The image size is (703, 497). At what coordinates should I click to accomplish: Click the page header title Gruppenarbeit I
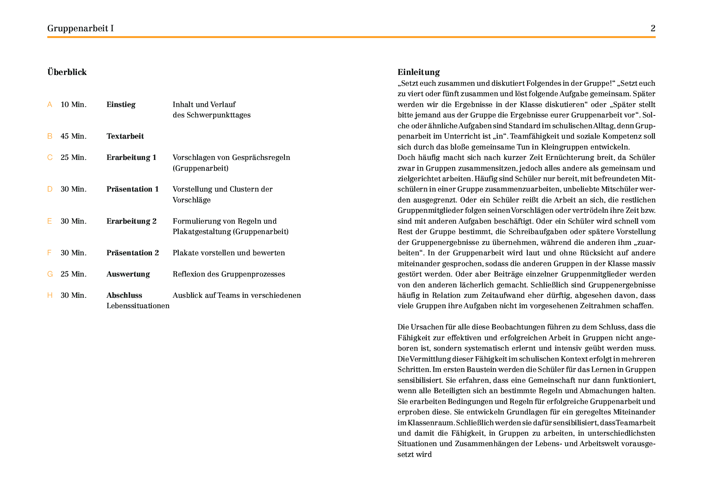point(80,28)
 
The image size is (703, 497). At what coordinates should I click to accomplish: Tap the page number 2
point(652,28)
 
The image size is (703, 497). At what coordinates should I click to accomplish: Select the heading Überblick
point(67,72)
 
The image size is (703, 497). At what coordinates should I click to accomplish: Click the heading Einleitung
point(418,72)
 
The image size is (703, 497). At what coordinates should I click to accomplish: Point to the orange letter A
point(50,105)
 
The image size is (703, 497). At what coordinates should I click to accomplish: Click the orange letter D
point(50,189)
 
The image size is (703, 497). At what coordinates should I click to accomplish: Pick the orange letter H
point(50,295)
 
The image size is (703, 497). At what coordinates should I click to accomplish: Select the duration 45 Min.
point(73,136)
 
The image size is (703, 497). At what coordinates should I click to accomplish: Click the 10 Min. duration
point(73,105)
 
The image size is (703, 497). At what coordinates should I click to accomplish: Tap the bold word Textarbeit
point(125,136)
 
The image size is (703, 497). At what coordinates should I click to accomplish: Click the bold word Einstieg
point(121,105)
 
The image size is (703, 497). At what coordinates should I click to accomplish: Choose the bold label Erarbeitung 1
point(131,158)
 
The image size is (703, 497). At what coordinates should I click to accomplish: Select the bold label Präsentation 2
point(132,253)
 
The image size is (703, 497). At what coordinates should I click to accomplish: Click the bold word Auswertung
point(128,274)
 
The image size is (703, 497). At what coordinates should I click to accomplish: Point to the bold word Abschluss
point(124,295)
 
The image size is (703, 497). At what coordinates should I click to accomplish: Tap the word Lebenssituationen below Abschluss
point(138,306)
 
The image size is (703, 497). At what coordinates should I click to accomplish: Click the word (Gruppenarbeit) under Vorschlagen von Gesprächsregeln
point(200,168)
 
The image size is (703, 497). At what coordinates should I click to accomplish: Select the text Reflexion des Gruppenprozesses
point(228,274)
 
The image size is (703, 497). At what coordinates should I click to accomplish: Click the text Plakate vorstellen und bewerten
point(228,253)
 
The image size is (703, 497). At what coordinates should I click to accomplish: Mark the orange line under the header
point(351,37)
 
